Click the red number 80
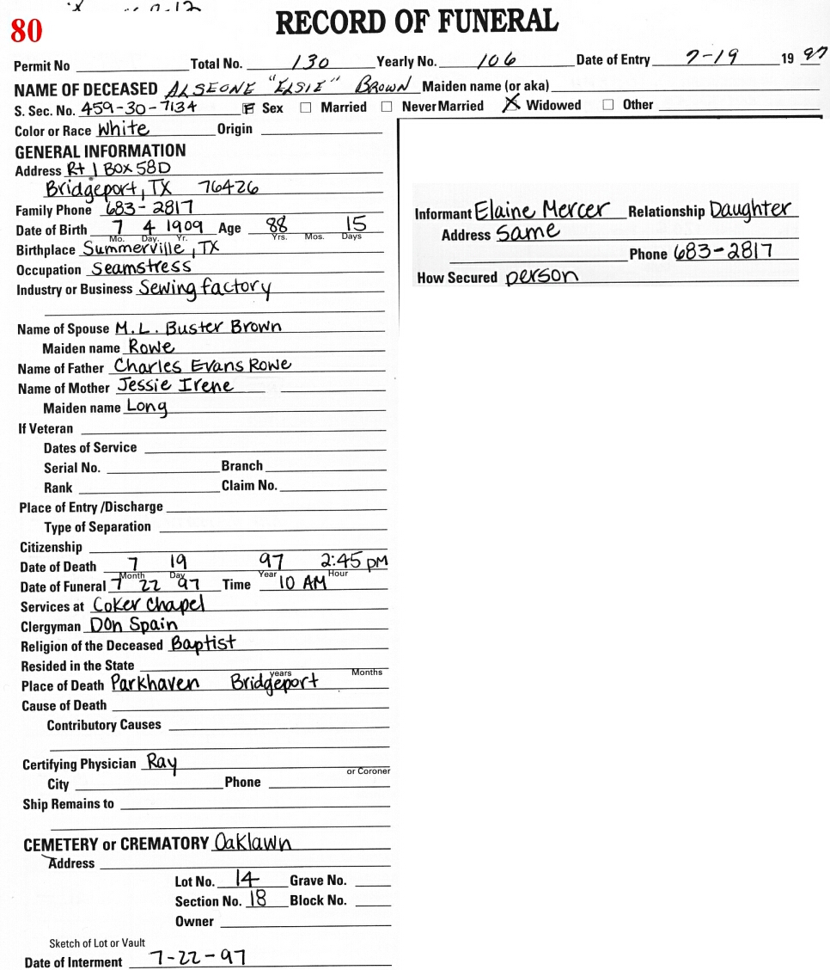tap(26, 31)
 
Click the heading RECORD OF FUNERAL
tap(417, 21)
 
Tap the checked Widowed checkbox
tap(512, 104)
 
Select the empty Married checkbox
tap(306, 108)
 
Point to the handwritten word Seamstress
tap(142, 267)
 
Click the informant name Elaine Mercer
tap(542, 211)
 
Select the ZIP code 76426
tap(229, 188)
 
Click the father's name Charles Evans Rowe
tap(203, 366)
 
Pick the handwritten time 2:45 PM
tap(354, 562)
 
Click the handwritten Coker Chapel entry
tap(149, 605)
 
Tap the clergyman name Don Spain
tap(134, 625)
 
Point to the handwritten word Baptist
tap(203, 643)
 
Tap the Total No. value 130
tap(311, 62)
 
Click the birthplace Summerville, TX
tap(151, 249)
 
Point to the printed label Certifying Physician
tap(79, 764)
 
